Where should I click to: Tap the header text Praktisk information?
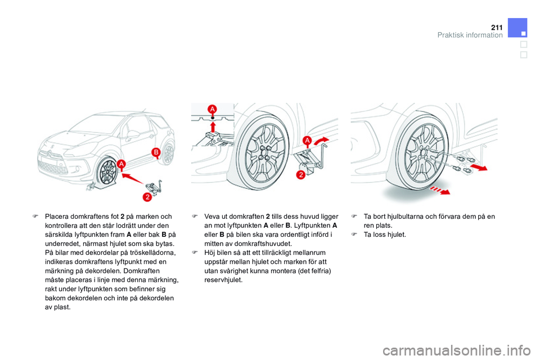click(x=470, y=35)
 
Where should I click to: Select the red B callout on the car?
click(x=156, y=152)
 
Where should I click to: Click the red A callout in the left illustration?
click(x=121, y=164)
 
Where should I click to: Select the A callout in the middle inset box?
click(x=212, y=109)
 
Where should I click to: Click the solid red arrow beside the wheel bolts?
click(x=479, y=168)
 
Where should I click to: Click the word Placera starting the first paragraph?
click(x=58, y=217)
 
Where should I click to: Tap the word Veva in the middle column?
click(x=213, y=217)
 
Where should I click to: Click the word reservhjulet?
click(x=223, y=280)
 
